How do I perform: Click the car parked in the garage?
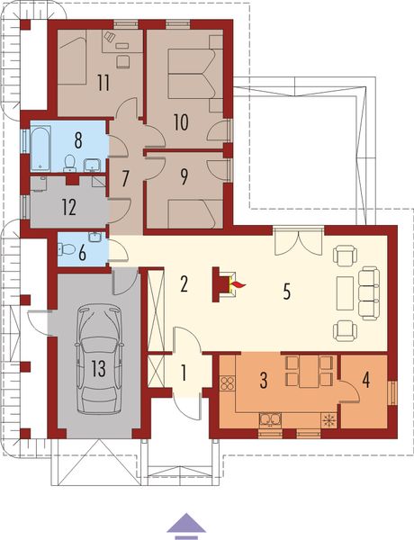(99, 358)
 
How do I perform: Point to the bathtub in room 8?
(42, 147)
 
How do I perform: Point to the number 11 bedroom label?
(103, 83)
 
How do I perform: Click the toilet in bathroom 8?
(69, 164)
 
